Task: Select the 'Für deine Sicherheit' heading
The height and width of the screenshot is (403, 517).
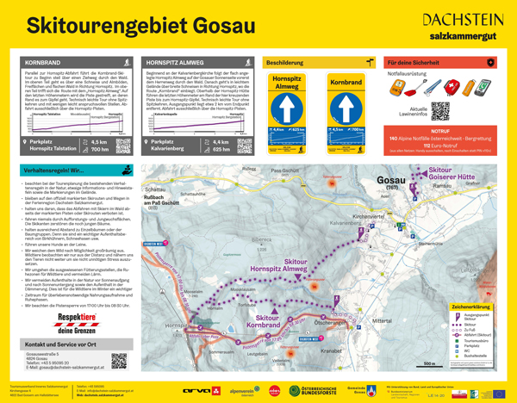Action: [416, 63]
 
